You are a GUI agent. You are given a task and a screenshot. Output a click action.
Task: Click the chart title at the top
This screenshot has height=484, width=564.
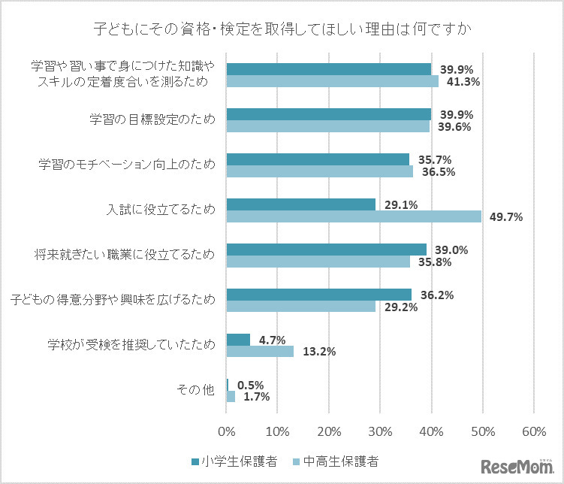282,31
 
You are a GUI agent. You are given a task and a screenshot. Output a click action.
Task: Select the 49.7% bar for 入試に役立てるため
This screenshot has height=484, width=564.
354,216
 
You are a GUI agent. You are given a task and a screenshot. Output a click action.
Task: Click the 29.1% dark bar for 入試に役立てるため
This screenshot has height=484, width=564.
300,204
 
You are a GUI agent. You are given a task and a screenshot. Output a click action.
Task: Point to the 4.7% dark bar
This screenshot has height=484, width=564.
238,340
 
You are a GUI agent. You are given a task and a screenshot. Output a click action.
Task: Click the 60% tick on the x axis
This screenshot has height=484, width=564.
533,432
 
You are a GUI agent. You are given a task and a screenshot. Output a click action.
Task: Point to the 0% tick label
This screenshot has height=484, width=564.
226,432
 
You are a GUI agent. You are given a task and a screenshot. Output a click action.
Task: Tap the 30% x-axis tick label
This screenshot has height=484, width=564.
380,432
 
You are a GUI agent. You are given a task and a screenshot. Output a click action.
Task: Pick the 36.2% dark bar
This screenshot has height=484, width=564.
318,295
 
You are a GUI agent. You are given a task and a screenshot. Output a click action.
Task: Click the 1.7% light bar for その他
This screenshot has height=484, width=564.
231,397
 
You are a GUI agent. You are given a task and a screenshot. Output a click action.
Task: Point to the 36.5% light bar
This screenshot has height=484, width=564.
319,171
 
